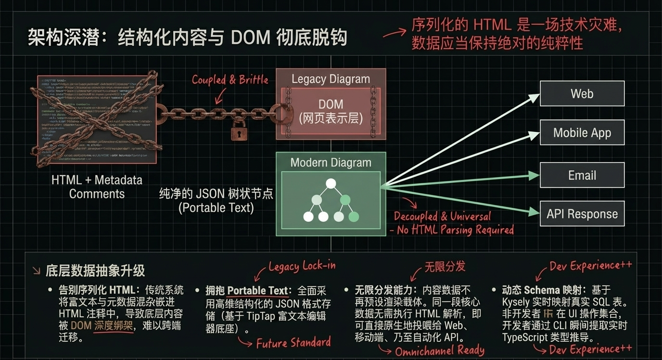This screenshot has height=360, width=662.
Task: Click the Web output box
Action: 582,93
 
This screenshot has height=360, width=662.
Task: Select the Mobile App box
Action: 582,133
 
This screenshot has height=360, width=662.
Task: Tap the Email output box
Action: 582,175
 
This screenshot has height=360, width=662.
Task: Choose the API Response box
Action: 582,214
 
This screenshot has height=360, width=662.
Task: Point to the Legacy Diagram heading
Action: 331,79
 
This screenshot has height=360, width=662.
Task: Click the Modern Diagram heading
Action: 331,163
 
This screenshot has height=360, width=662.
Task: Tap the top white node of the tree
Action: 331,183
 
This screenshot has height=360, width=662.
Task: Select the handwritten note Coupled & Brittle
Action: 230,80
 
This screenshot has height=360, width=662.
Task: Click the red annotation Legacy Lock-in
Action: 302,266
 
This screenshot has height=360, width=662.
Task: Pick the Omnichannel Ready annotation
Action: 439,350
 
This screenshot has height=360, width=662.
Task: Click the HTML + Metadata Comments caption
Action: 97,187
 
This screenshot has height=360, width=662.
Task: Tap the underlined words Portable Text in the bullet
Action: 257,291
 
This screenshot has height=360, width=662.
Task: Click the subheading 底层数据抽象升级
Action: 95,270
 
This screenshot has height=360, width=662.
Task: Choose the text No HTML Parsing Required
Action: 455,230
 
